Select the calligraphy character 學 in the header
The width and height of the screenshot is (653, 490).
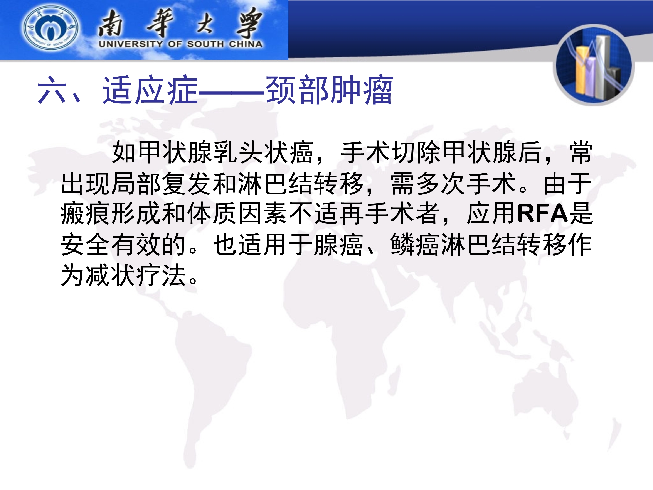point(249,23)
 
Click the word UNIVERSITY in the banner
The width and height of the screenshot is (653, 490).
point(130,44)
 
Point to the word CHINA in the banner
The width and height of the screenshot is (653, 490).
point(246,44)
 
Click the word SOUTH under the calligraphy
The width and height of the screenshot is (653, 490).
point(205,44)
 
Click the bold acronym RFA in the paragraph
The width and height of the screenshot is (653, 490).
point(543,213)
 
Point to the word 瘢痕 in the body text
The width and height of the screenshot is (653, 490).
point(85,213)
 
